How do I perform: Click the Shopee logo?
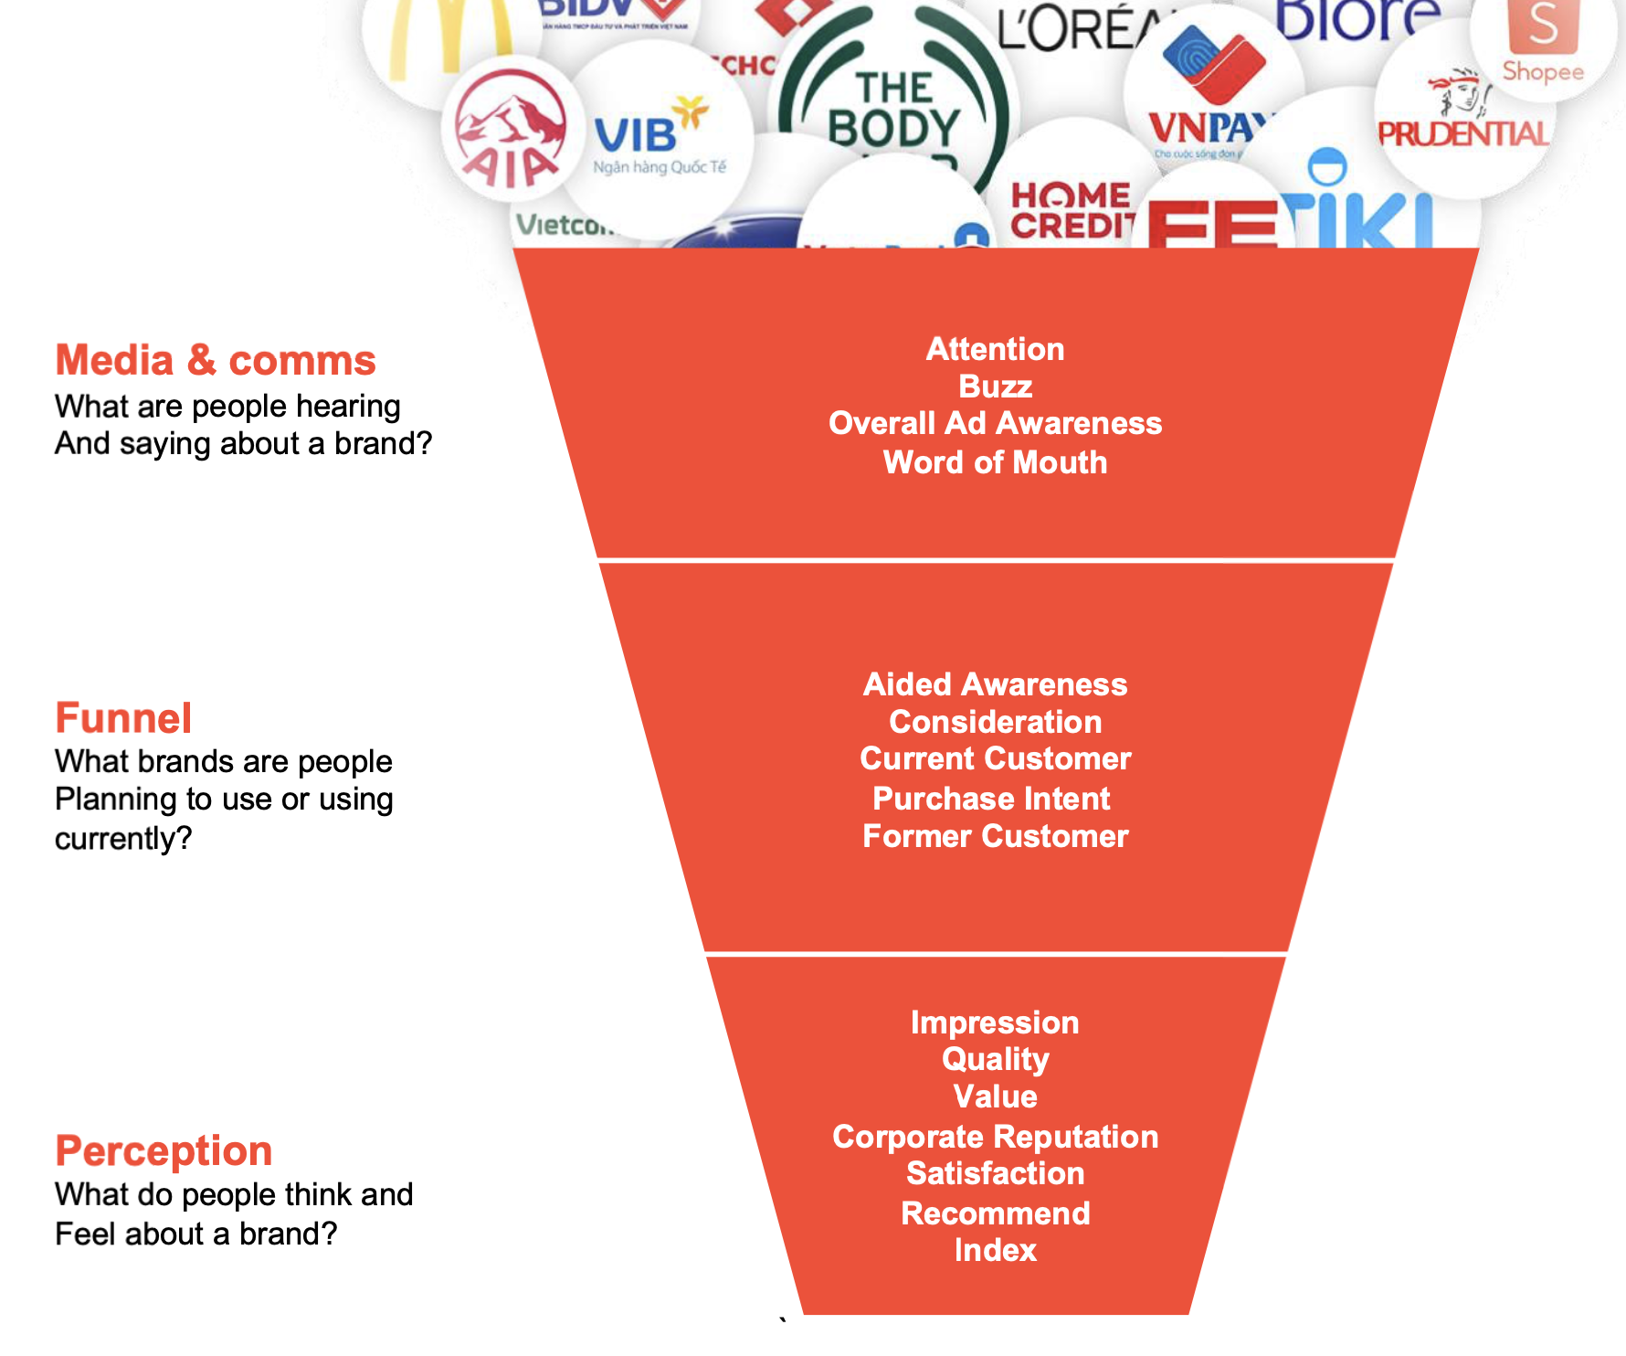[x=1543, y=41]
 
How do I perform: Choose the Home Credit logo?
[x=1071, y=211]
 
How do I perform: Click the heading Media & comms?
[x=216, y=360]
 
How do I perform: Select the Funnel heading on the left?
[x=123, y=718]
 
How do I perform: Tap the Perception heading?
[x=164, y=1150]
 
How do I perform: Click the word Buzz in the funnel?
[x=995, y=387]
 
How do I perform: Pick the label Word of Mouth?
[x=995, y=462]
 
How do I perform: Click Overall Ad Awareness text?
[x=995, y=423]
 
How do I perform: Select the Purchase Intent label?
[x=991, y=799]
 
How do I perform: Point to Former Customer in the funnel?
[x=995, y=836]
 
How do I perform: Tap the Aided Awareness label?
[x=995, y=684]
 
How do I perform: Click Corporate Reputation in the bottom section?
[x=995, y=1137]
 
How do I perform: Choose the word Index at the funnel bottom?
[x=995, y=1250]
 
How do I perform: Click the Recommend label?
[x=995, y=1213]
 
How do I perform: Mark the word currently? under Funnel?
[x=123, y=838]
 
